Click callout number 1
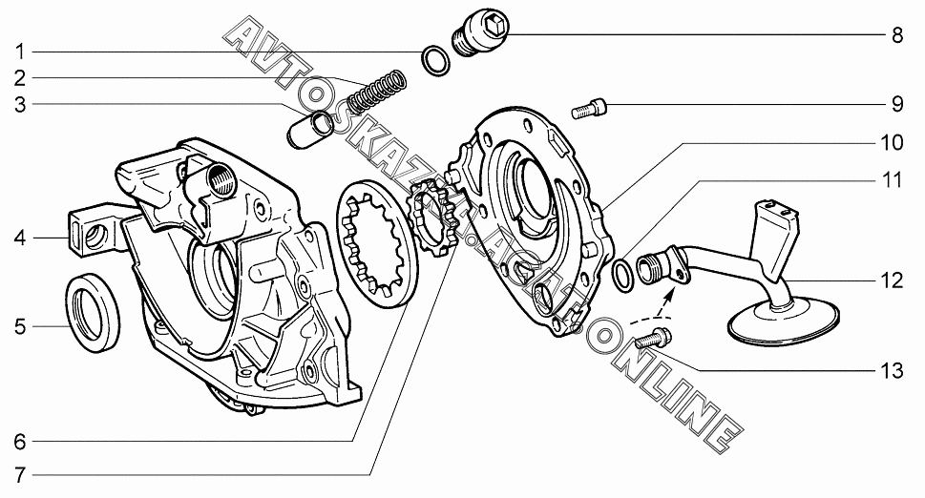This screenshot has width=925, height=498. pyautogui.click(x=20, y=52)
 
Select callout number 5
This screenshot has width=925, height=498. pyautogui.click(x=20, y=326)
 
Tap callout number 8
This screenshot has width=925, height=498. pyautogui.click(x=897, y=35)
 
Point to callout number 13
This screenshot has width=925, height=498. pyautogui.click(x=892, y=371)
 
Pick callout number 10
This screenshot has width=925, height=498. pyautogui.click(x=892, y=142)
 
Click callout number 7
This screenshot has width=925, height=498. pyautogui.click(x=20, y=475)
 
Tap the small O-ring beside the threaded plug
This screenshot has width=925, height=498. pyautogui.click(x=436, y=61)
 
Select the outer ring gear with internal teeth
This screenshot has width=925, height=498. pyautogui.click(x=379, y=243)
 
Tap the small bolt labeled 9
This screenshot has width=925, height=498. pyautogui.click(x=589, y=110)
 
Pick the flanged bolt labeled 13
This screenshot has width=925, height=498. pyautogui.click(x=654, y=338)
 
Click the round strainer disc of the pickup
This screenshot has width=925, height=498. pyautogui.click(x=784, y=320)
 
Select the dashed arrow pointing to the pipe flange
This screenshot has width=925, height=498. pyautogui.click(x=654, y=306)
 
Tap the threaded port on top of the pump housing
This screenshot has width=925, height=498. pyautogui.click(x=221, y=178)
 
